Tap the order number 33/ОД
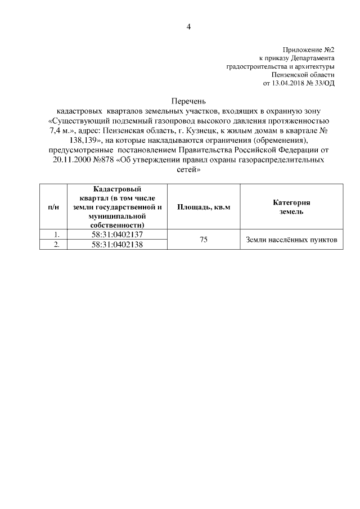point(325,83)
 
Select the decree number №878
point(102,159)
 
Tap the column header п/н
point(53,207)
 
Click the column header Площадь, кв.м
point(204,207)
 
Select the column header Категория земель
point(291,207)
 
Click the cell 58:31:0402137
point(118,234)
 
